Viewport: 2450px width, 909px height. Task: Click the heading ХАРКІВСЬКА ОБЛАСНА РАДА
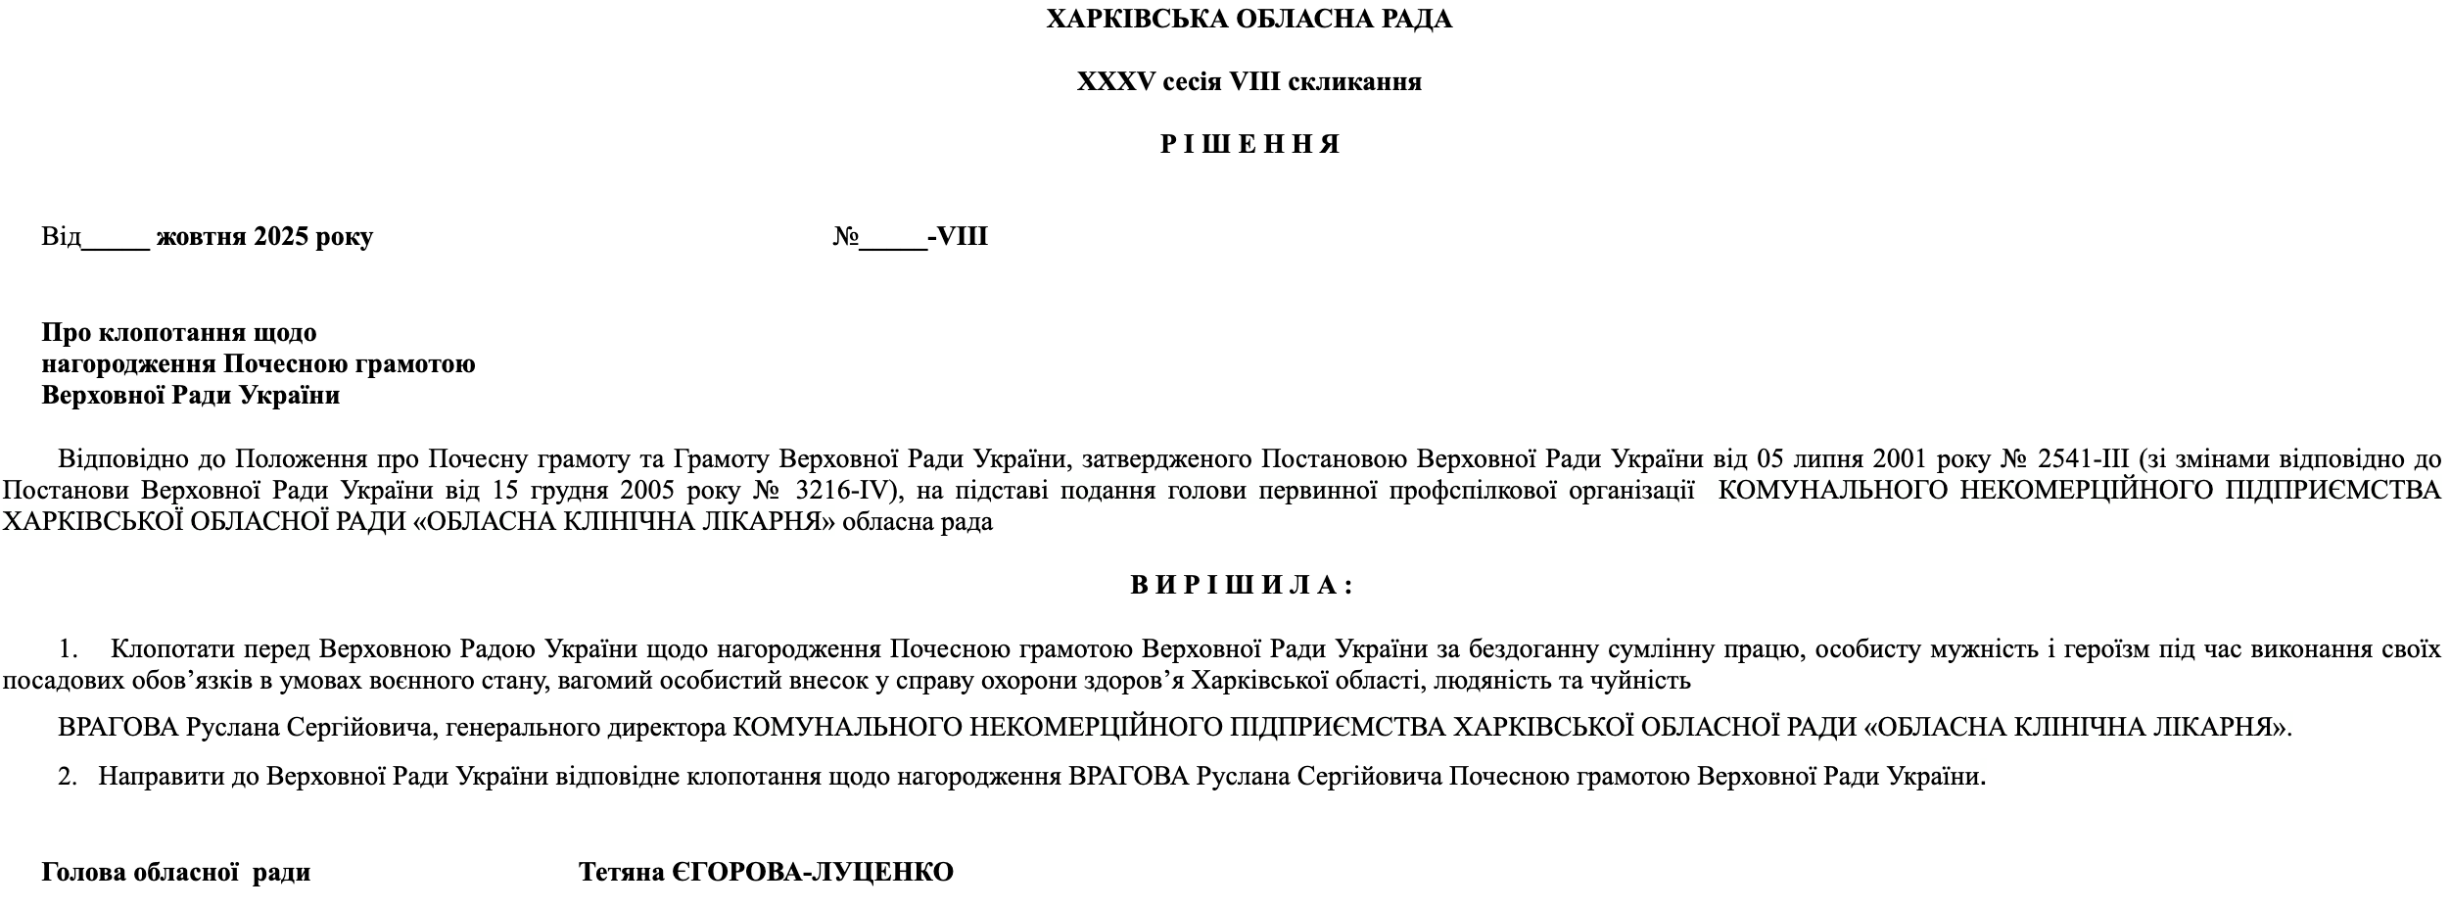[1249, 20]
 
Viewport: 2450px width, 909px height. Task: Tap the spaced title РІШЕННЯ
[1249, 145]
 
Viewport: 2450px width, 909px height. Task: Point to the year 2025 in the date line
[281, 237]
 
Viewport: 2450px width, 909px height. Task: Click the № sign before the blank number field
[845, 237]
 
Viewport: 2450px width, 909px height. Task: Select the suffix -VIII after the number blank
[959, 237]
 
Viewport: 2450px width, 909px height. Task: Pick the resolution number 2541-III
[2085, 459]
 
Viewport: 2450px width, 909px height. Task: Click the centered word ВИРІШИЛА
[1242, 586]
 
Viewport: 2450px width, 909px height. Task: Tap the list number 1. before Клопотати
[68, 649]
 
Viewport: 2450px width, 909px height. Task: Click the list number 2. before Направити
[68, 778]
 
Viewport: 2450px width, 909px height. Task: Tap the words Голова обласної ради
[175, 873]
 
